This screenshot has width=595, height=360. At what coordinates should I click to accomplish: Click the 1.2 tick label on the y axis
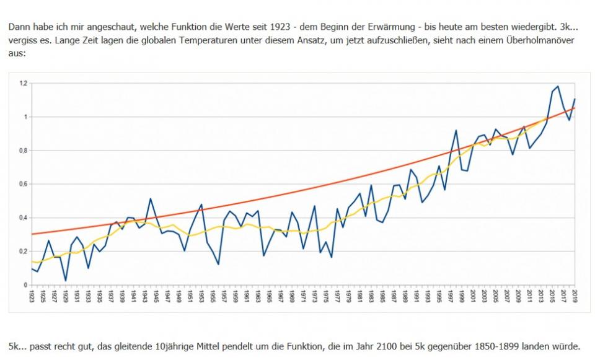[x=23, y=83]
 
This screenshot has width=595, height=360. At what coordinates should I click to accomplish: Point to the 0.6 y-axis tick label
[x=23, y=184]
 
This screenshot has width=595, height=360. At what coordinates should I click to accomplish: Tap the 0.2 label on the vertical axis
[x=23, y=252]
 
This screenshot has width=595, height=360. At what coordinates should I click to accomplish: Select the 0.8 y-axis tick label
[x=23, y=151]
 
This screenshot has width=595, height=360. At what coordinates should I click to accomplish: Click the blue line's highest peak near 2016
[x=558, y=87]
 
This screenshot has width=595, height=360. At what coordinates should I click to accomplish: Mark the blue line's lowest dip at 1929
[x=66, y=281]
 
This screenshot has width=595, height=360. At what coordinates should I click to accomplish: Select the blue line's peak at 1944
[x=151, y=199]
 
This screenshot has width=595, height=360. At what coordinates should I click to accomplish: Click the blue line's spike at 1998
[x=456, y=130]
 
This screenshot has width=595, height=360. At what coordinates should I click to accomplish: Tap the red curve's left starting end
[x=32, y=234]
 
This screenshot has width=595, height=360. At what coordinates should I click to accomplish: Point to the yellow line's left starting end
[x=32, y=261]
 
